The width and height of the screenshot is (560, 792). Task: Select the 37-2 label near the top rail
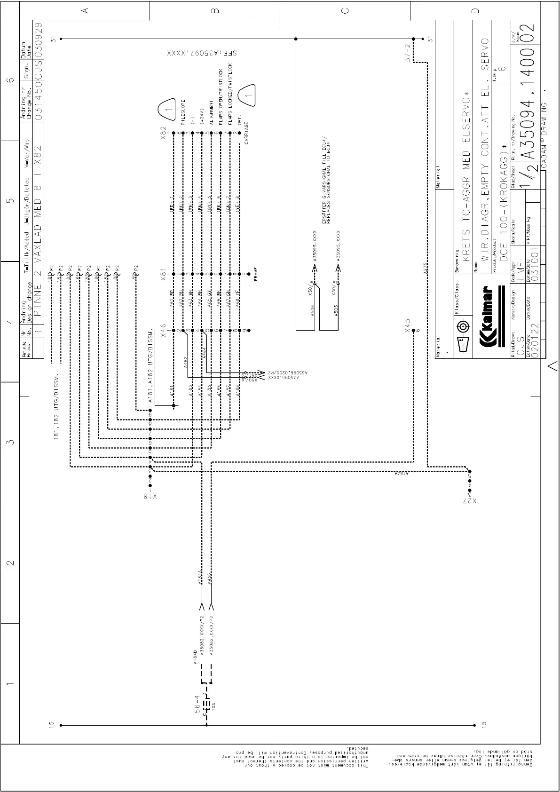coord(408,53)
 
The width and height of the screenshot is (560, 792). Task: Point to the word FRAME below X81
coord(256,274)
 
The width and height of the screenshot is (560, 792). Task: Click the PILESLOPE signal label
coord(183,114)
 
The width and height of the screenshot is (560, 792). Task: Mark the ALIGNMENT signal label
coord(211,112)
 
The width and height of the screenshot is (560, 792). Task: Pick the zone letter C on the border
coord(344,10)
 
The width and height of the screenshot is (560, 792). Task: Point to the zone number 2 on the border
coord(10,562)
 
